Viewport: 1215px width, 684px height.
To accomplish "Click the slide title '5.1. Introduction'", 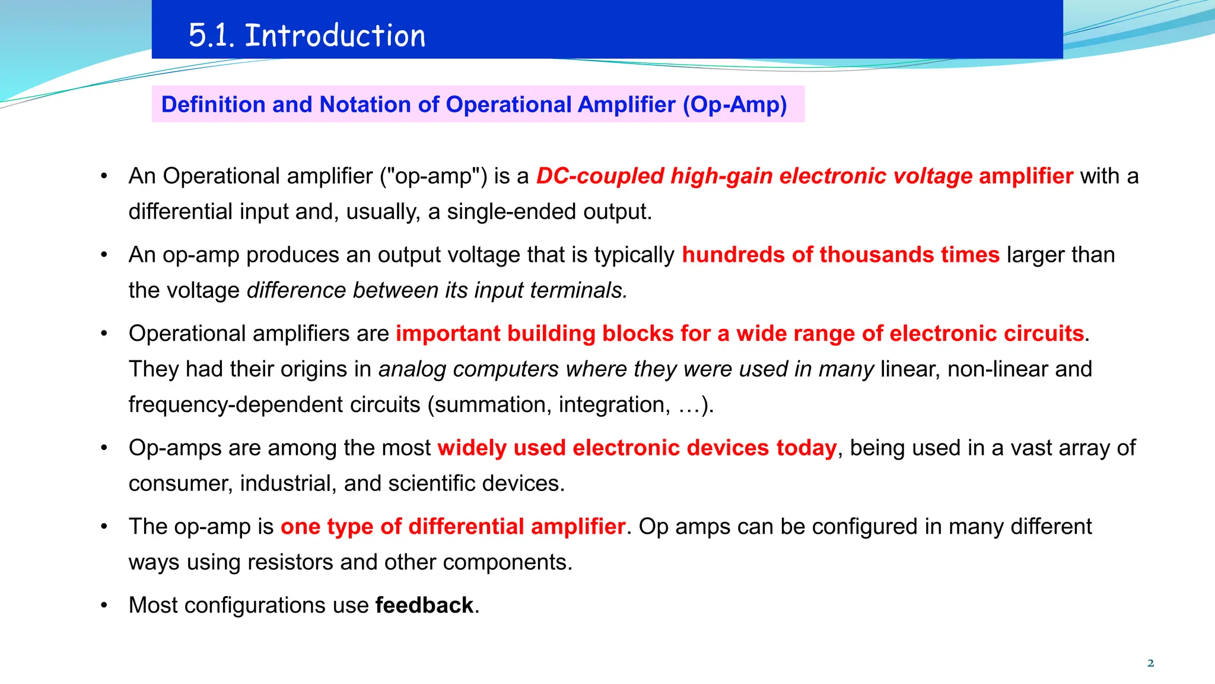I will click(307, 35).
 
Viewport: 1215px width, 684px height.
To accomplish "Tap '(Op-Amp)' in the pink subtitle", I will click(734, 104).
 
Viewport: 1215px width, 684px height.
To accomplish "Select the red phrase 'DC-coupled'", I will click(599, 176).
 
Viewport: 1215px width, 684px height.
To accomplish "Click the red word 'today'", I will click(806, 448).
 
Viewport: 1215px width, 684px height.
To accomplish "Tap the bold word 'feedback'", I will click(424, 606).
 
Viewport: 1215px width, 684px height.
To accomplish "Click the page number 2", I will click(1150, 663).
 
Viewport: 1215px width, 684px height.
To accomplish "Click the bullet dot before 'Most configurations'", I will click(104, 606).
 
